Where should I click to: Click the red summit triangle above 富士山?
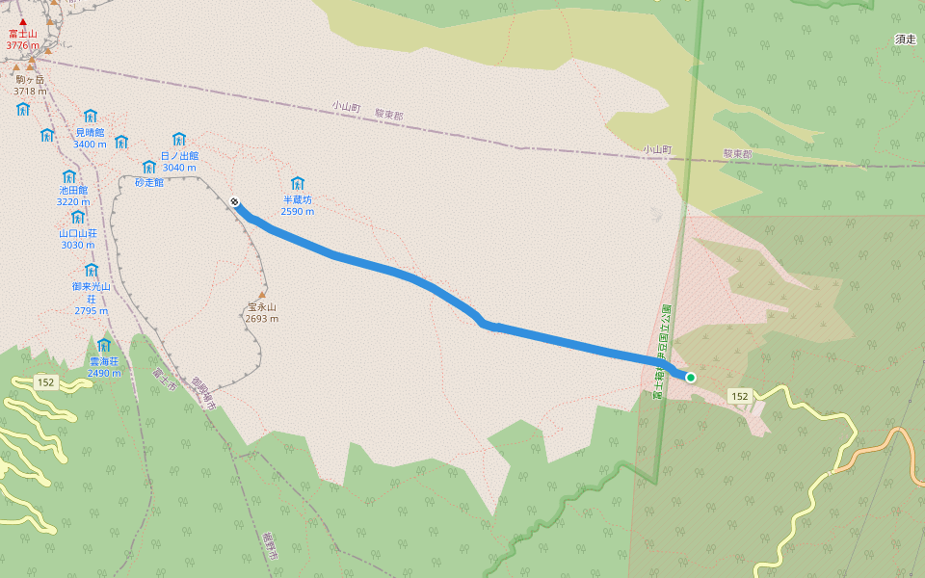[22, 21]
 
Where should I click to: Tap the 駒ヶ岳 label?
[30, 79]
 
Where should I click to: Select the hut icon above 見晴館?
[91, 117]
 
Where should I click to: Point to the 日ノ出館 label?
[179, 155]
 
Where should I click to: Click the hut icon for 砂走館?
[148, 167]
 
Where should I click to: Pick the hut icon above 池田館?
[69, 177]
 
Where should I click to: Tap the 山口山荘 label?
[78, 232]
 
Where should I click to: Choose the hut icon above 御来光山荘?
[92, 270]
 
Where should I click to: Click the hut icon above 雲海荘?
[103, 345]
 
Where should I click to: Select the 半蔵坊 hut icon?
[297, 183]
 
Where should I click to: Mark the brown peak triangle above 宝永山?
[261, 295]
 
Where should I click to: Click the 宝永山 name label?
[261, 307]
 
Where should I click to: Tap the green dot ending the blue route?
[691, 377]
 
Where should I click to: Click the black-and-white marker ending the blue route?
[234, 201]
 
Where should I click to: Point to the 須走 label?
[905, 39]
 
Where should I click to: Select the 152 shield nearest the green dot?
[739, 396]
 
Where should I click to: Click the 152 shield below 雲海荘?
[46, 382]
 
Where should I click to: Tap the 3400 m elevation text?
[90, 144]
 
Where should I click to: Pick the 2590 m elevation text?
[297, 212]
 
